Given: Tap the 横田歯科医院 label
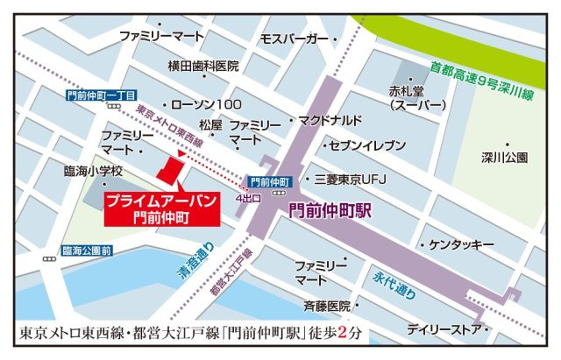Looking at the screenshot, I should pyautogui.click(x=203, y=67).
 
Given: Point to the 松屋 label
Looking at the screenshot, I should pyautogui.click(x=211, y=125).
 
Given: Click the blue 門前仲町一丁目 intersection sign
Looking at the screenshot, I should pyautogui.click(x=101, y=95).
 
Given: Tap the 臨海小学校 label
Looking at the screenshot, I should pyautogui.click(x=93, y=172).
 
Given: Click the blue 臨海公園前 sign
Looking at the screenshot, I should pyautogui.click(x=87, y=251).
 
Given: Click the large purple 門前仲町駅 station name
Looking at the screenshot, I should pyautogui.click(x=330, y=210).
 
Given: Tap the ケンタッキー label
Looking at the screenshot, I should pyautogui.click(x=462, y=244).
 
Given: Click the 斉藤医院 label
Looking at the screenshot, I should pyautogui.click(x=326, y=306).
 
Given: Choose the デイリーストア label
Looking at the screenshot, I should pyautogui.click(x=445, y=330).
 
